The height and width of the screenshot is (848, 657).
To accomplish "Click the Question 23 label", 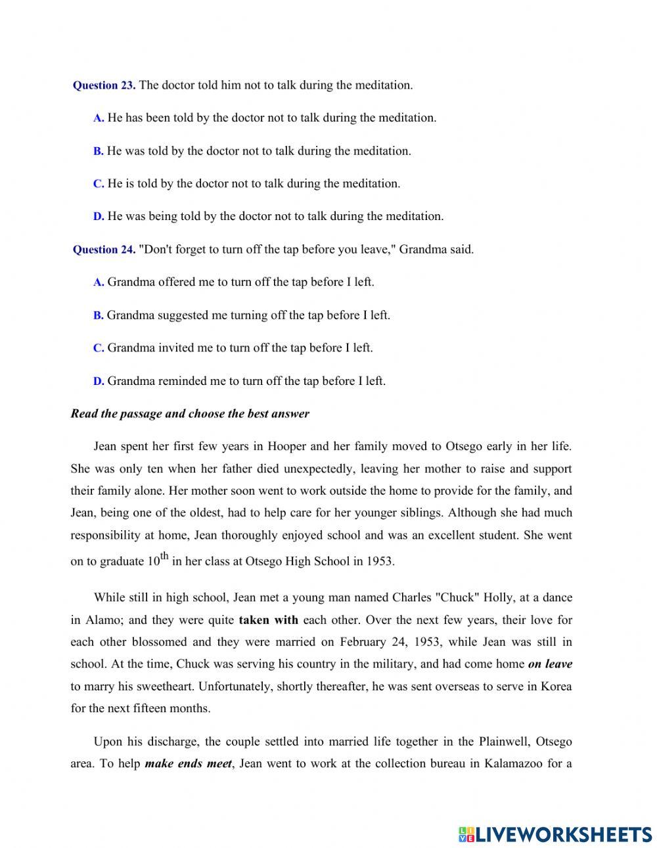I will coord(104,85).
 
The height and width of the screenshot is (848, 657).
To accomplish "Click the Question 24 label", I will coord(104,250).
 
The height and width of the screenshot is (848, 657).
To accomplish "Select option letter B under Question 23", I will coord(98,151).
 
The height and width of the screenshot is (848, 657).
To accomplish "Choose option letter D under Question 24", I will coord(99,381).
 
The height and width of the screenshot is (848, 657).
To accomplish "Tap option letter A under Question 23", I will coord(99,118).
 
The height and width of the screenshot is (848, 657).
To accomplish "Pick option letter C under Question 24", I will coord(99,348).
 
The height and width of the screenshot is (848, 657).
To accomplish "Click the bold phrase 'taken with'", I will coord(268,619).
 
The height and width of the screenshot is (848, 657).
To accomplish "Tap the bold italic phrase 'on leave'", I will coord(550,664).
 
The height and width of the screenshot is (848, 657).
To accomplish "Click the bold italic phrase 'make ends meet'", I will coord(188,764).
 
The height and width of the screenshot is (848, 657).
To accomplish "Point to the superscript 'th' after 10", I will coord(164,557).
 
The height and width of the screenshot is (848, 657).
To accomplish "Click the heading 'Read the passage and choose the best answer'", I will coord(190,414).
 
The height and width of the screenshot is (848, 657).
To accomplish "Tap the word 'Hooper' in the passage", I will coord(286,447).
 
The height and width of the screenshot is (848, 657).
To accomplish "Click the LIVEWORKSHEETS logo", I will coord(555,834).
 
